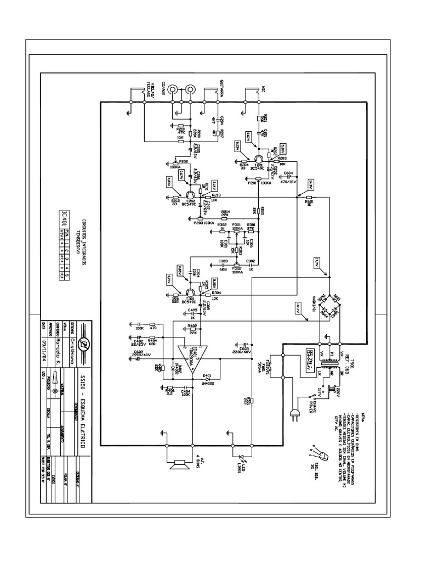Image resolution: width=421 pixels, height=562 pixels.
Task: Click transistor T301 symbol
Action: [x=190, y=291]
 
